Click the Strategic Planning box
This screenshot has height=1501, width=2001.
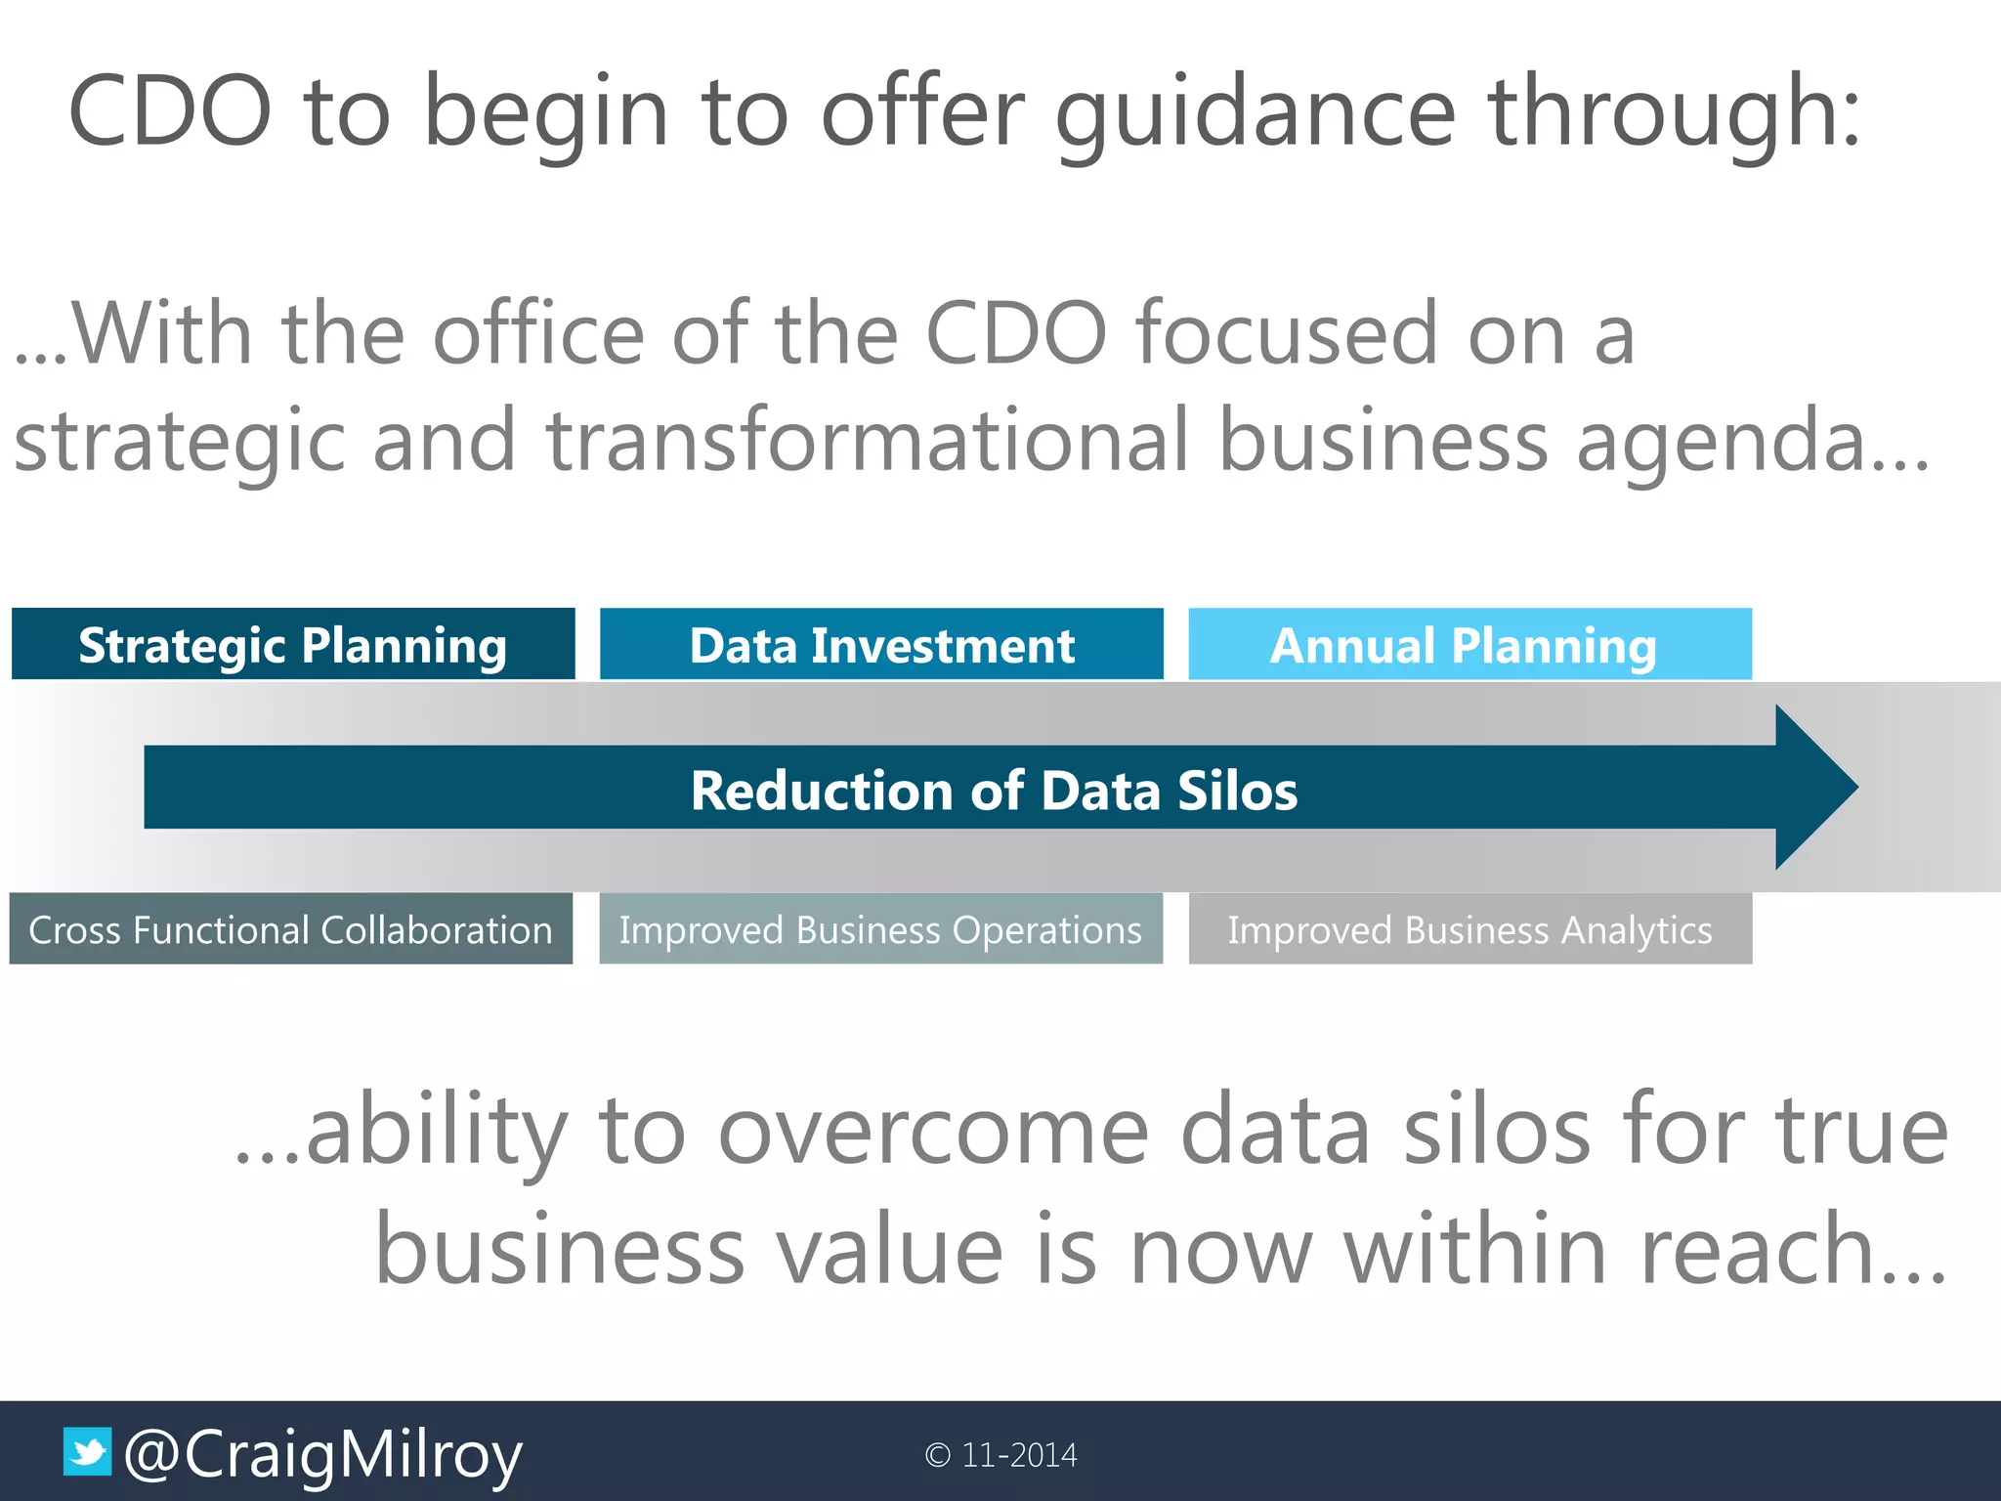(x=293, y=644)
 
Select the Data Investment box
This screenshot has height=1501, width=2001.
(x=881, y=644)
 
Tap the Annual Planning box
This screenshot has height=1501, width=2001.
(x=1469, y=644)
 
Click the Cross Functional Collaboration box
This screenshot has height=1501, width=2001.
(x=291, y=929)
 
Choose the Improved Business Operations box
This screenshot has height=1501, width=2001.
(x=880, y=929)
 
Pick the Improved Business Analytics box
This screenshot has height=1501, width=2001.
(x=1469, y=929)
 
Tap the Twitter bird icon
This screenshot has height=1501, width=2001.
(x=88, y=1452)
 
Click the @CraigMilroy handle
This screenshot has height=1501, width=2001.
(x=323, y=1454)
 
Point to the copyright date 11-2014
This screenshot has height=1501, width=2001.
(x=1018, y=1455)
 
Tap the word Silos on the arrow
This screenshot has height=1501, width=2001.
(x=1237, y=790)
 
